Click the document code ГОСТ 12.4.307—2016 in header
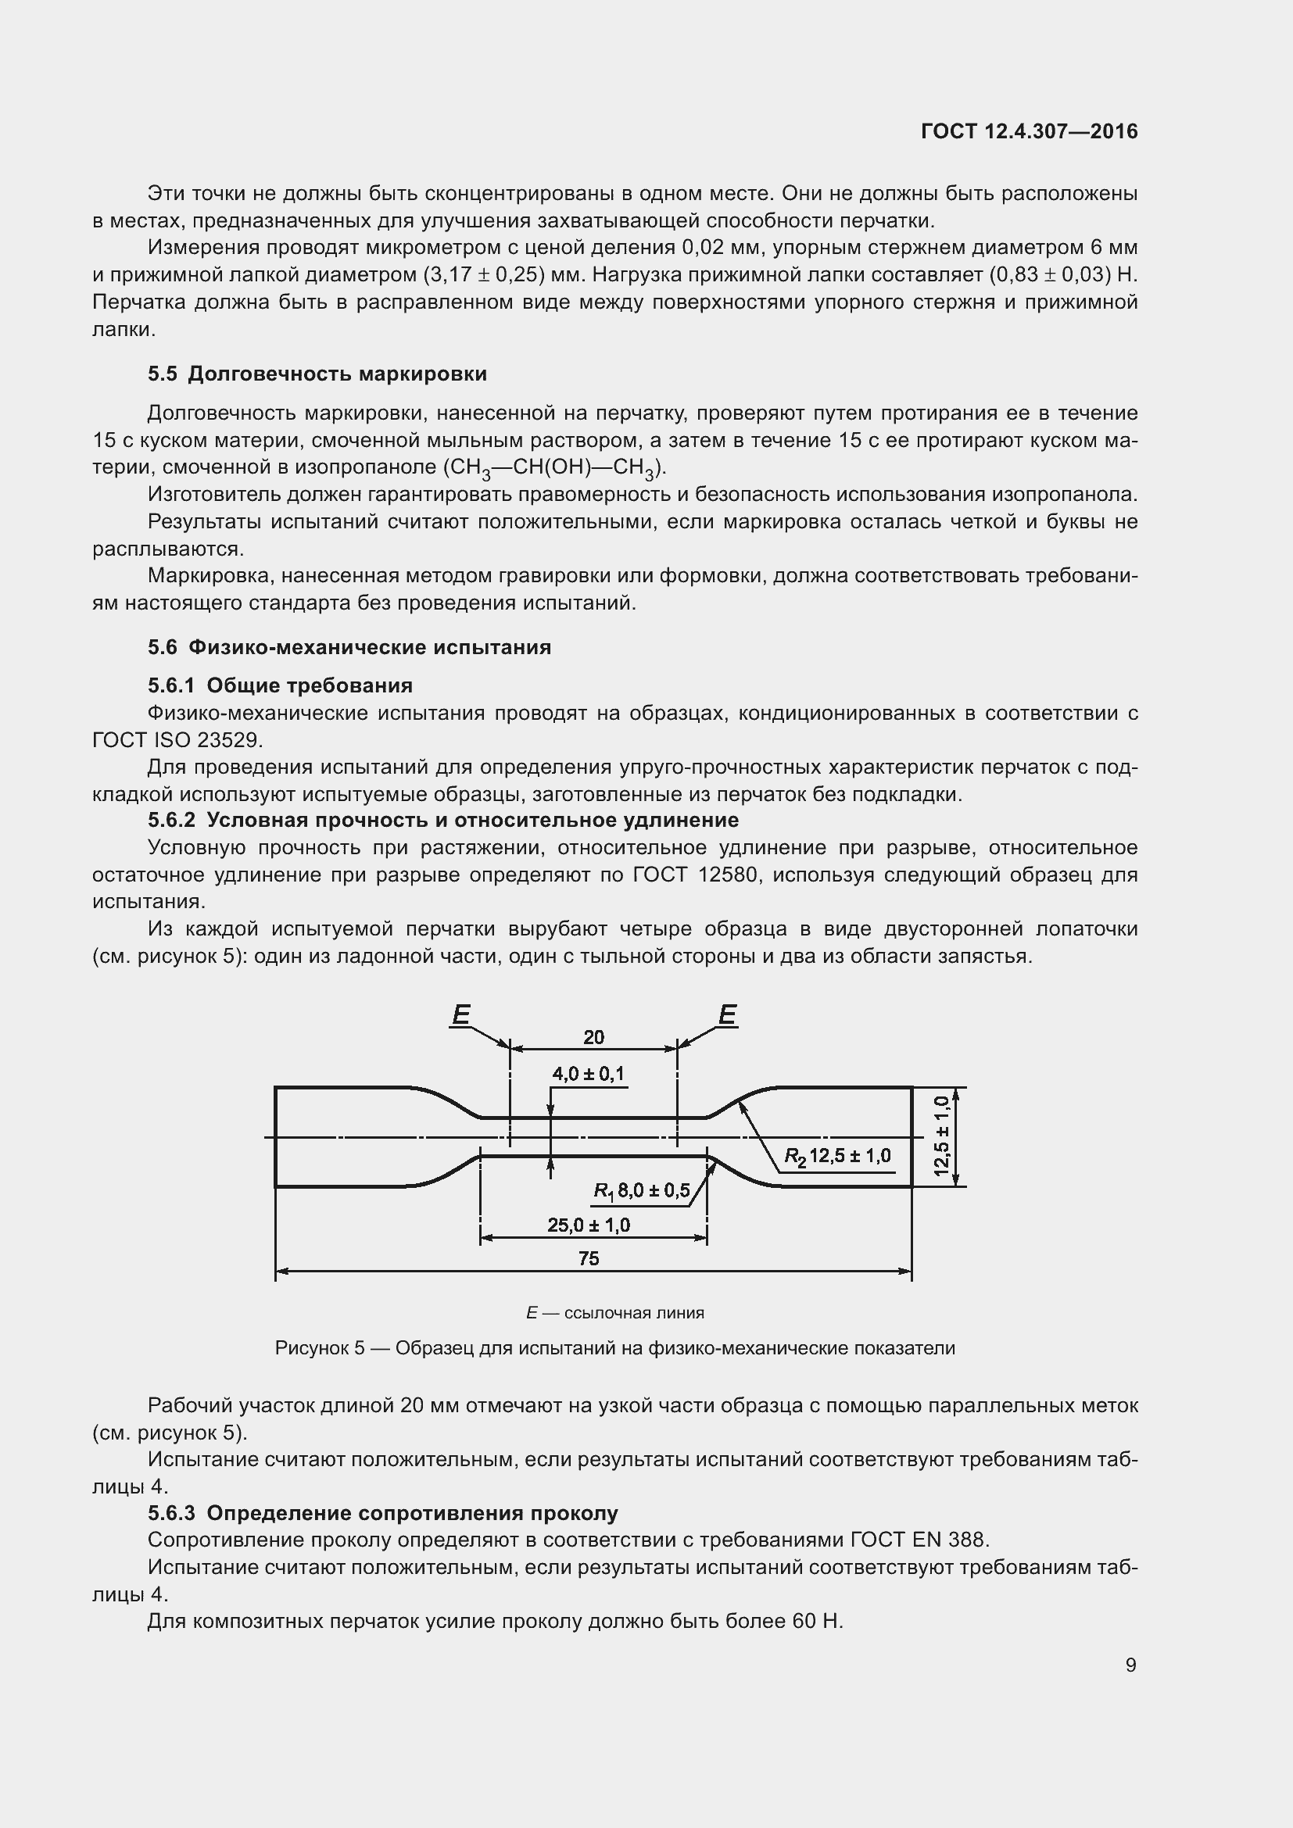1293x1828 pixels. (x=1029, y=131)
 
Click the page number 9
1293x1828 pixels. (x=1130, y=1665)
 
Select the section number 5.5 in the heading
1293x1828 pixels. (x=163, y=374)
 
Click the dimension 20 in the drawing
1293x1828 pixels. (x=593, y=1037)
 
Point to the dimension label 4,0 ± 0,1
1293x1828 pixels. (x=589, y=1074)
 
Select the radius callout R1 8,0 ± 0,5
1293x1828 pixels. (x=642, y=1191)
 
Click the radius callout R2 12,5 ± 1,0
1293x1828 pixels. (x=837, y=1156)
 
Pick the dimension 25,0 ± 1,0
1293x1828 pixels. (x=589, y=1225)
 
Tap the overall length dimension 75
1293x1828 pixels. (x=589, y=1259)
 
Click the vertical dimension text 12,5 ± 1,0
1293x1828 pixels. (x=942, y=1136)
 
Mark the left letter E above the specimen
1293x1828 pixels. (x=461, y=1015)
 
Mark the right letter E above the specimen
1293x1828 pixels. (x=727, y=1015)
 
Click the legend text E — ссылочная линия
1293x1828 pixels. (x=614, y=1313)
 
